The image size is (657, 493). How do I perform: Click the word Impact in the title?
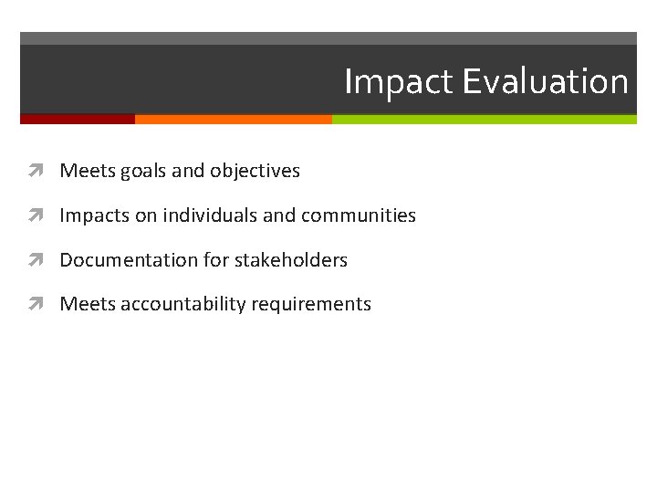(399, 82)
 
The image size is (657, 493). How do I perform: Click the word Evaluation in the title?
(545, 82)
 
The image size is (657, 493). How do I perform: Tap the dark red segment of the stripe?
(77, 119)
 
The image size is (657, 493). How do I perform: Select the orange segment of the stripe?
(233, 119)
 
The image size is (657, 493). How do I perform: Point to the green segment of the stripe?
(484, 119)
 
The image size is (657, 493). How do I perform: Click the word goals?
(138, 172)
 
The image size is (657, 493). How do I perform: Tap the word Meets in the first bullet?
(84, 171)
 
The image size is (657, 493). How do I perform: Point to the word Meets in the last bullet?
(84, 304)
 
